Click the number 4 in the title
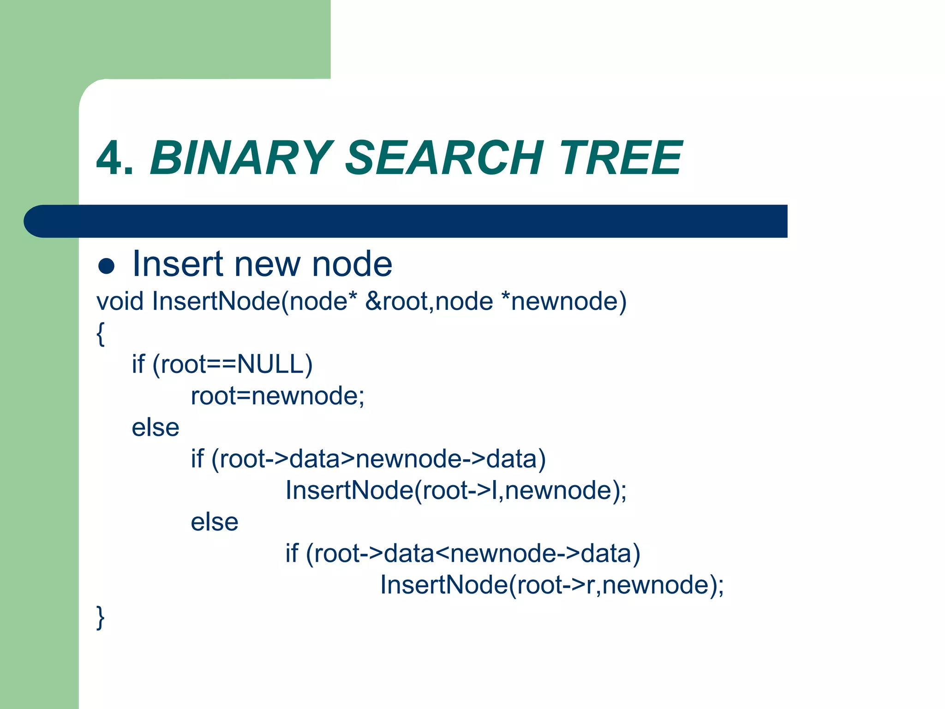coord(110,158)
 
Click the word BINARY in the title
coord(241,158)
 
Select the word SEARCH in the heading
coord(444,158)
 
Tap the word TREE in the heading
coord(621,158)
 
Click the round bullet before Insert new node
coord(107,266)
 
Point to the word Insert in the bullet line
coord(178,264)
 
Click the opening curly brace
coord(101,333)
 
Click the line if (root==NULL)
coord(222,364)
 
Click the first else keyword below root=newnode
coord(156,427)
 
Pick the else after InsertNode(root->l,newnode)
coord(215,522)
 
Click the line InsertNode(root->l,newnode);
coord(456,490)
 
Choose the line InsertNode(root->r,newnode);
coord(552,585)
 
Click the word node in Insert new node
coord(352,264)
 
